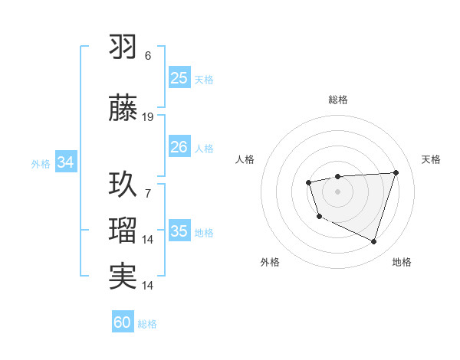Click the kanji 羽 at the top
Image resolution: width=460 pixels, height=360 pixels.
[123, 47]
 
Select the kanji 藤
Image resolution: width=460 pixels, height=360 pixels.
[123, 108]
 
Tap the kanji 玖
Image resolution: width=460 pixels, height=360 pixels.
[123, 184]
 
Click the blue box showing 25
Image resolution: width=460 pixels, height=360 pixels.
[179, 78]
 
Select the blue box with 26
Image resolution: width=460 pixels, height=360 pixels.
[179, 146]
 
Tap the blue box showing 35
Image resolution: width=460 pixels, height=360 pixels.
[179, 231]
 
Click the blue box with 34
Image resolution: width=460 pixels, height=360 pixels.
[65, 162]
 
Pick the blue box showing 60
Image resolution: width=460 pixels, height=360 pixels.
[123, 322]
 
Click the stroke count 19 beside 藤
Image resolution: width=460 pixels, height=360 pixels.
[148, 117]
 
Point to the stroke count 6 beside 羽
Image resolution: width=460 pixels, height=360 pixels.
[148, 56]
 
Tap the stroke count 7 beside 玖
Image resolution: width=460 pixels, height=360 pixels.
[148, 193]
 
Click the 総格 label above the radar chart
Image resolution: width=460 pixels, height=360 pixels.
[338, 100]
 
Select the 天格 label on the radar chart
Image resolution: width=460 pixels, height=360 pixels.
[431, 159]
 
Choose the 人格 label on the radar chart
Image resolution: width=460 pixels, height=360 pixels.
[245, 159]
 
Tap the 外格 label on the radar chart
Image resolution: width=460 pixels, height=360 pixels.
[270, 262]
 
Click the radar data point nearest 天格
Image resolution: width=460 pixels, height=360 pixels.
[396, 172]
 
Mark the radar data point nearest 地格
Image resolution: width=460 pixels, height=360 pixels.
[373, 242]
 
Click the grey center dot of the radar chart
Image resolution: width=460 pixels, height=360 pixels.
[338, 191]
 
